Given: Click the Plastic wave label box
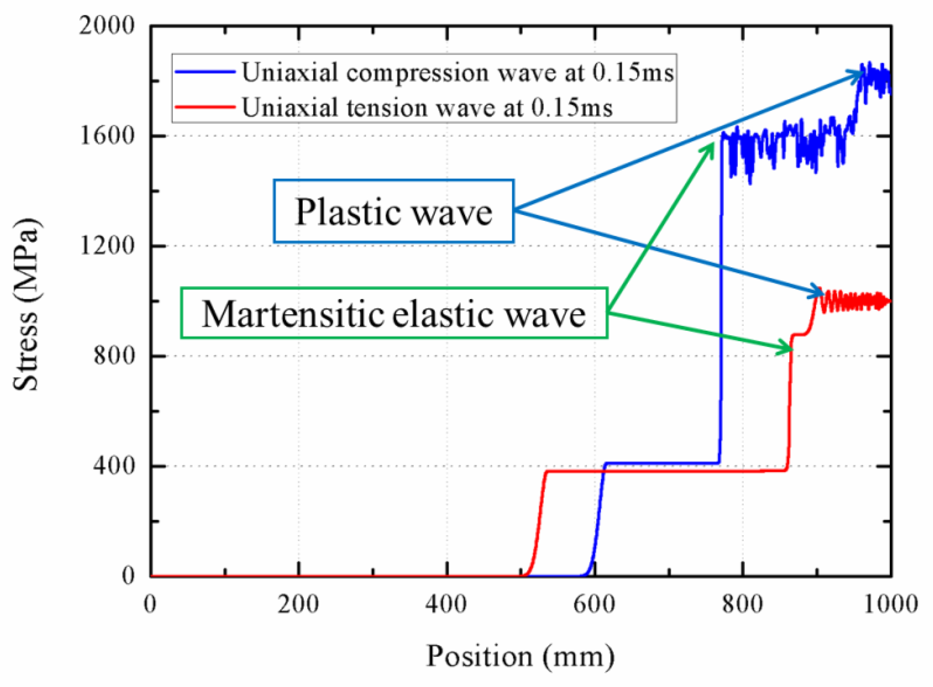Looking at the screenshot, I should (393, 211).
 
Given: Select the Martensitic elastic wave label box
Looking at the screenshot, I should (394, 313).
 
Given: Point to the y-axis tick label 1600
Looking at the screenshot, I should (107, 136).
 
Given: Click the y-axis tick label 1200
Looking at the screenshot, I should (107, 246).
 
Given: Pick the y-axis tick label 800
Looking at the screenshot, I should (114, 355).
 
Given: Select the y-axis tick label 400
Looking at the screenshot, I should (114, 465).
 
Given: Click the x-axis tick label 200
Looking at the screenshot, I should (298, 604).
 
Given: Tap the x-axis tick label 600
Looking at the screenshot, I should (594, 604).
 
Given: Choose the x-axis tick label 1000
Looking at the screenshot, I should (890, 604).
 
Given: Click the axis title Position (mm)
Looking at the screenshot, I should (520, 657).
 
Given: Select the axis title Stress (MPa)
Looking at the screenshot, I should (27, 304).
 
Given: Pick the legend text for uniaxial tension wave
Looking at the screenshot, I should (427, 107).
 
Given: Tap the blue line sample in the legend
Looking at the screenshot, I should (205, 72).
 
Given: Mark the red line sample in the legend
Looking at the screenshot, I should (205, 107).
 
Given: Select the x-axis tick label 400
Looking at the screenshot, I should (446, 604).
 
